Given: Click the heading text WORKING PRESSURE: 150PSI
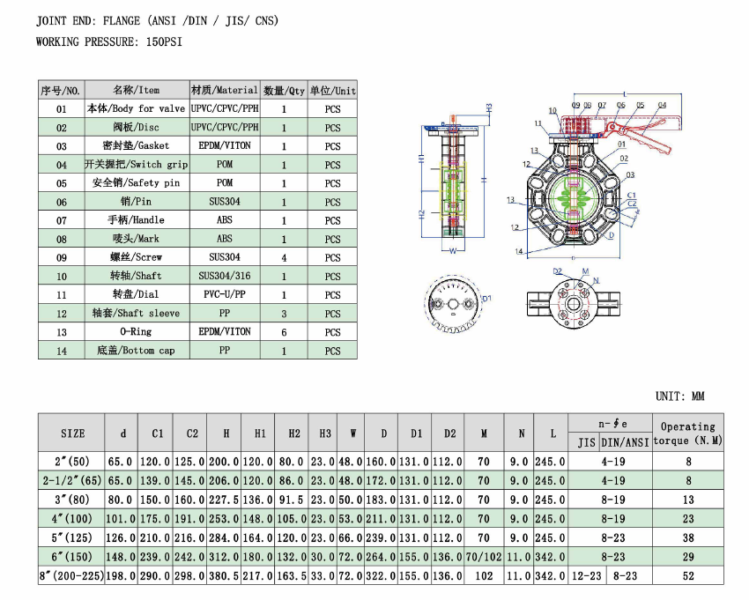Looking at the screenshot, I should (111, 41).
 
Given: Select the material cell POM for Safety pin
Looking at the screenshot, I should (225, 183).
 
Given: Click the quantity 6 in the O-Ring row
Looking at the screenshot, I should (284, 332).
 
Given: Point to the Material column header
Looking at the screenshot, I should (225, 90).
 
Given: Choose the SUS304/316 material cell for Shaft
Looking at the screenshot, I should (225, 276).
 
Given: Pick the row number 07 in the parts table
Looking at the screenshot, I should (61, 220).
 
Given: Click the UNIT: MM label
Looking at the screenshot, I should (680, 396).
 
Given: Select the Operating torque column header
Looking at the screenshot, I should (688, 433).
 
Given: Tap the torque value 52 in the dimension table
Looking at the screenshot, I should (688, 575).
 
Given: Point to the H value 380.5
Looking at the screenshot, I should (226, 575).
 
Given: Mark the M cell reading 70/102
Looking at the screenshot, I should (484, 556).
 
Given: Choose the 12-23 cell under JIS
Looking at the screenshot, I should (585, 575).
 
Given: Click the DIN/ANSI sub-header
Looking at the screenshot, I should (626, 442).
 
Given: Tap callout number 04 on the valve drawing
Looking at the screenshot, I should (662, 105).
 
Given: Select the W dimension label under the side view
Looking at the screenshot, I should (453, 250).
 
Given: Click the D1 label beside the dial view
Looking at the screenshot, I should (486, 300).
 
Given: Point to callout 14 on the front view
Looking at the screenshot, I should (519, 252).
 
